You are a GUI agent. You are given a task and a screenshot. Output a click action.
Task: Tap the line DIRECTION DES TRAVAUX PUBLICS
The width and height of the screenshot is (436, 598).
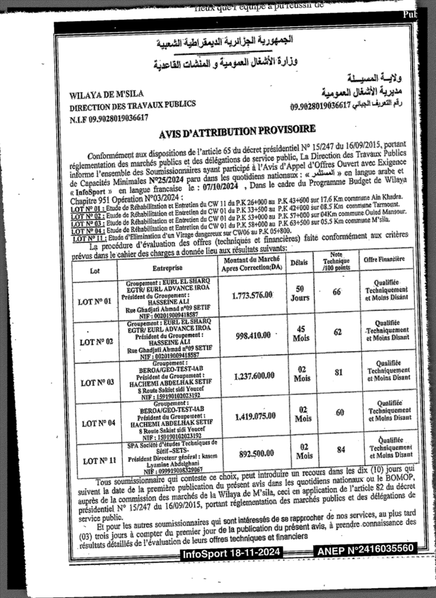(x=133, y=105)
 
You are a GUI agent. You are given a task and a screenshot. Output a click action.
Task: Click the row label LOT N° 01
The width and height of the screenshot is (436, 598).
(x=94, y=302)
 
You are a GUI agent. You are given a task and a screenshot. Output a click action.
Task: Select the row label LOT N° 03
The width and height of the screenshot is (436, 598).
(x=94, y=383)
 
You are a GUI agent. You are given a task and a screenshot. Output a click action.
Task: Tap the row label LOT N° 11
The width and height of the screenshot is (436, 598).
(x=95, y=461)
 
